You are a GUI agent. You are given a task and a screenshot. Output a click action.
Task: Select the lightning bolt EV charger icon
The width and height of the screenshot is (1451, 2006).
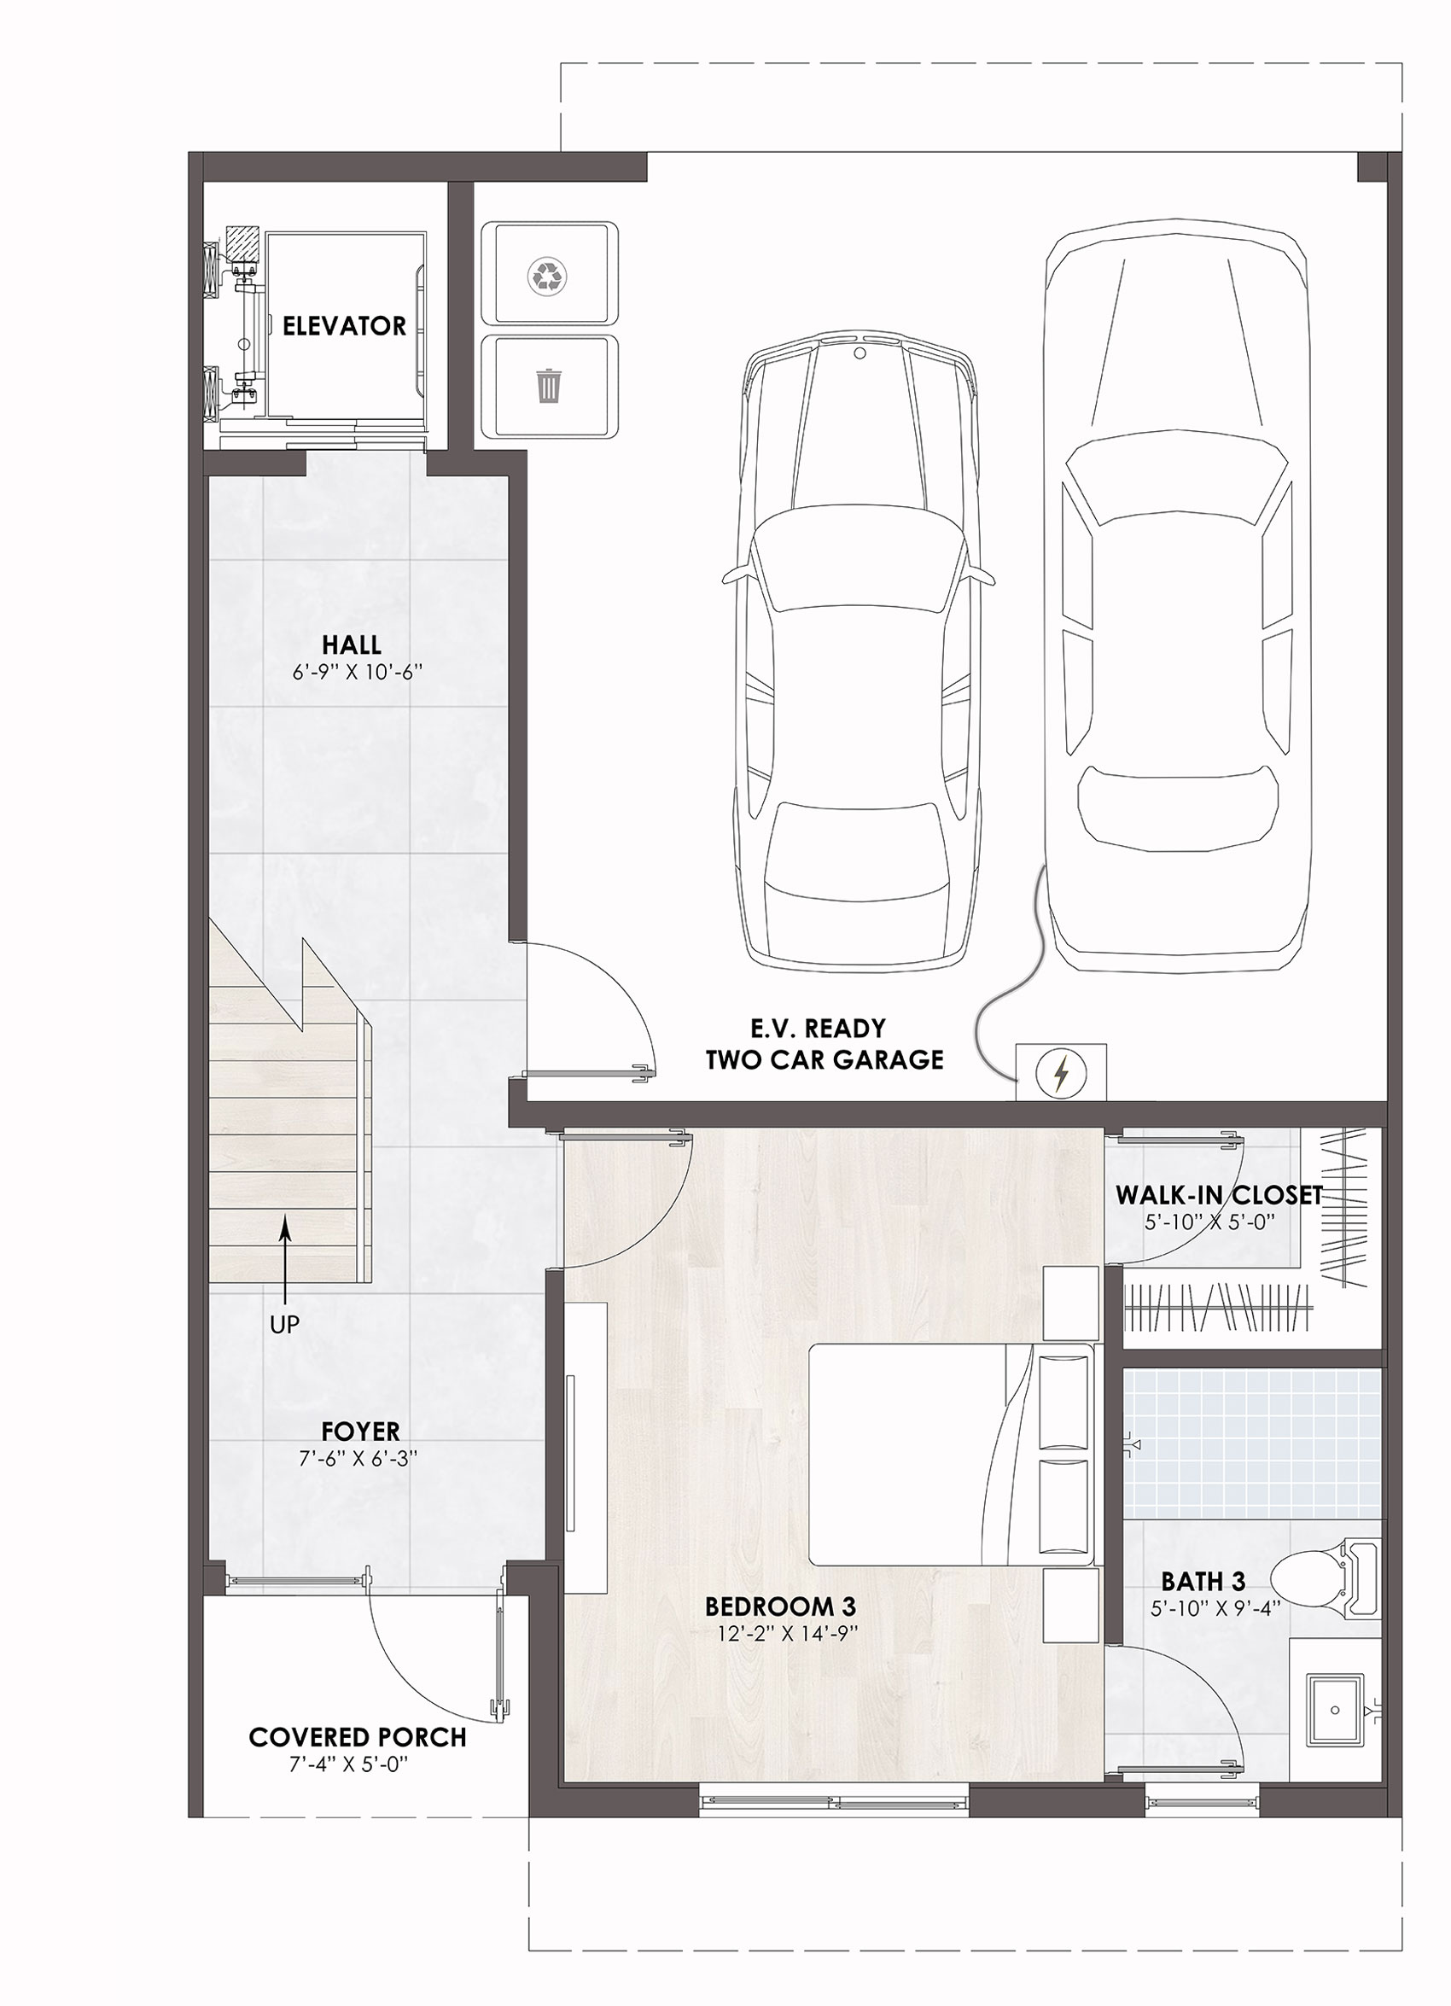(1060, 1074)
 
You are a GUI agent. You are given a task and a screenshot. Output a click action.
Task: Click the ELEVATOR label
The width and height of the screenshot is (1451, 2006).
(345, 326)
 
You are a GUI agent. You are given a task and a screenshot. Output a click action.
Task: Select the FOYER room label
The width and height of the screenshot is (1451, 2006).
(360, 1431)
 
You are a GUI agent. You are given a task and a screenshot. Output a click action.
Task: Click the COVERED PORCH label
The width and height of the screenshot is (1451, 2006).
(358, 1737)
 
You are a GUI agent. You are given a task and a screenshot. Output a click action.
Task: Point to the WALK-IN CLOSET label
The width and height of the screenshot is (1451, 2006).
(1219, 1196)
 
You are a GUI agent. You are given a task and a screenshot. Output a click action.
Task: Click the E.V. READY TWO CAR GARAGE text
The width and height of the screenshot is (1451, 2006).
(825, 1044)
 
